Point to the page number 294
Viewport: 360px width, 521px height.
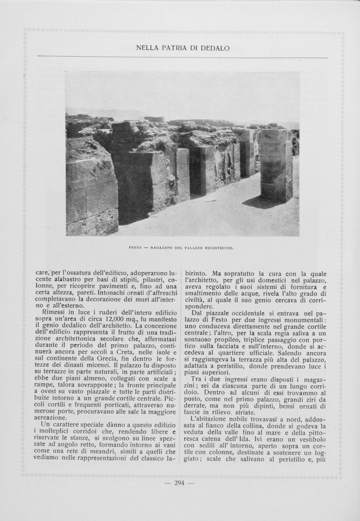point(179,483)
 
